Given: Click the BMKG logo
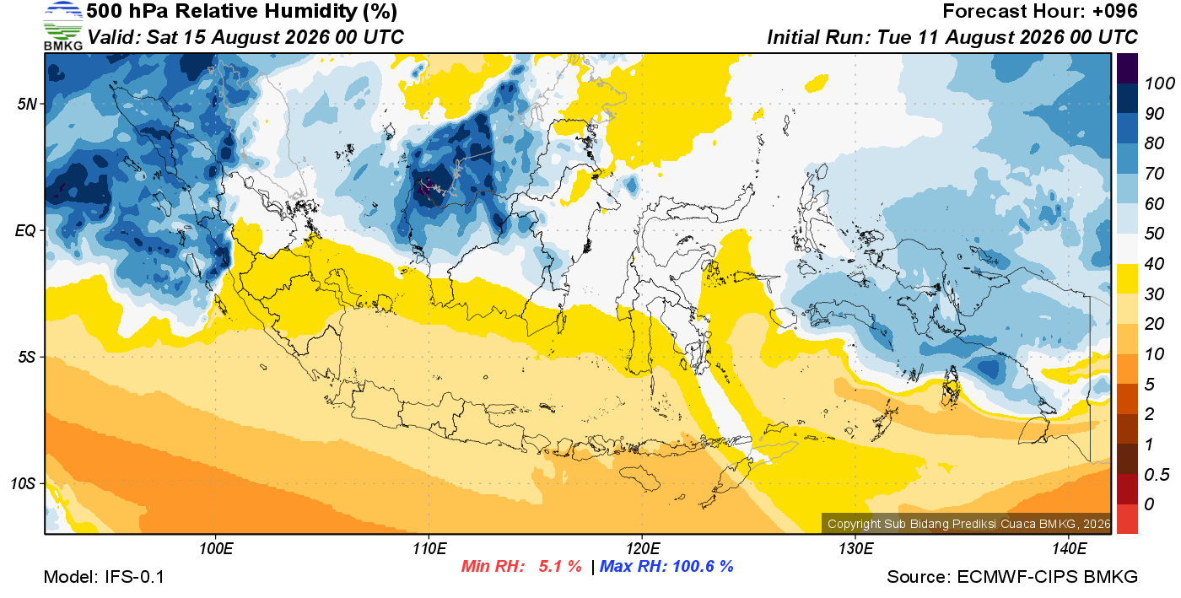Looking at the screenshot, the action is (x=63, y=26).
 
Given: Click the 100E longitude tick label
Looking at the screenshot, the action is (x=216, y=549).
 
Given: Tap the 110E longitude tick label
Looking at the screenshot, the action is (x=429, y=549).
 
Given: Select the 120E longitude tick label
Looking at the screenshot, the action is (x=643, y=549).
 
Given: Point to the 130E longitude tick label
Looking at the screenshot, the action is (x=855, y=549).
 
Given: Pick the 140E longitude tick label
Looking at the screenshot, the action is (x=1069, y=549).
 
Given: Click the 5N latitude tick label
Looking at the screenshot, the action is (x=27, y=104).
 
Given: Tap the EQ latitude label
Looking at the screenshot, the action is (x=26, y=231).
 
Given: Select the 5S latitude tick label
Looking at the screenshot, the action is (x=27, y=358).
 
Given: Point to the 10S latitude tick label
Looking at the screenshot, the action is (x=24, y=483).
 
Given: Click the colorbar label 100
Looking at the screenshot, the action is (x=1159, y=84).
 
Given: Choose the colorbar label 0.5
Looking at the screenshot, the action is (x=1157, y=475).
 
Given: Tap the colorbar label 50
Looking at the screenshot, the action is (x=1154, y=234).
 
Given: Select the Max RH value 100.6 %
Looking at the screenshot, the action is (x=703, y=566).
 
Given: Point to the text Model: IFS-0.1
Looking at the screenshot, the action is (x=104, y=577).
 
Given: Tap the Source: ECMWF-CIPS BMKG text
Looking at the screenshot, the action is (x=1012, y=577).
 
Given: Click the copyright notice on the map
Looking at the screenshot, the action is (x=968, y=524).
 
